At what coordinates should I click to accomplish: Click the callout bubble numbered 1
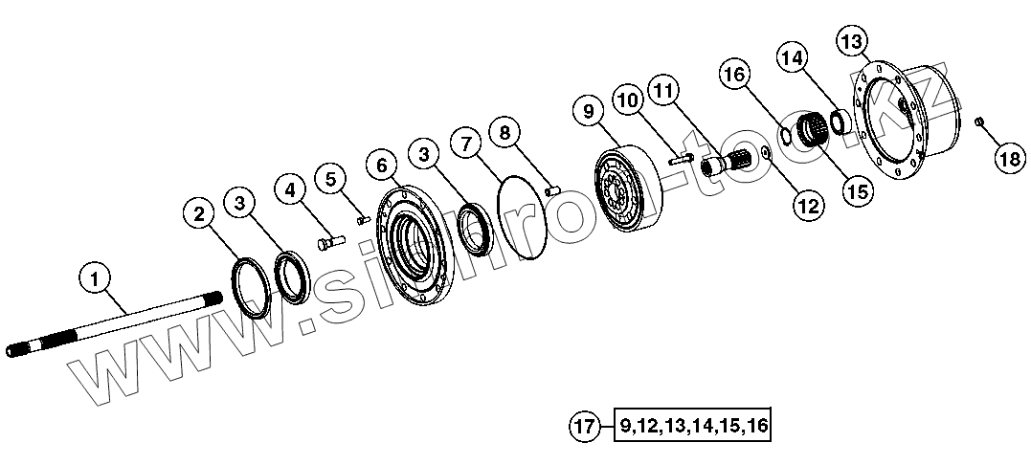(x=93, y=279)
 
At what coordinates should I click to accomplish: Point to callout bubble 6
(x=383, y=166)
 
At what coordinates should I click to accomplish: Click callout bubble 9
(x=589, y=112)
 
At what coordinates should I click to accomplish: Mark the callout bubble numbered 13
(x=851, y=42)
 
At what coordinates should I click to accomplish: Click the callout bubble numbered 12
(x=807, y=204)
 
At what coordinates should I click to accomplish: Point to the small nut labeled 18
(x=978, y=122)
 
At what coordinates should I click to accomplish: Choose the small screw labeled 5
(x=362, y=220)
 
